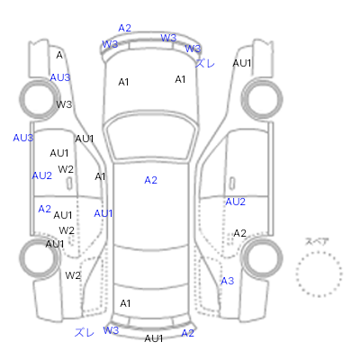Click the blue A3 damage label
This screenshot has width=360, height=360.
228,281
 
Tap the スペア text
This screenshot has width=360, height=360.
317,241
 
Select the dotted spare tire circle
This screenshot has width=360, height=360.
319,274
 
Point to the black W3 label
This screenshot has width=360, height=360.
64,104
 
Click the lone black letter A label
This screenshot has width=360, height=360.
59,55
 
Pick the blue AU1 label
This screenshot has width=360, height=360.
103,213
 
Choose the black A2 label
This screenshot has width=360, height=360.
239,233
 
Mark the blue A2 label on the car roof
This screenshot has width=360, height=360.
150,180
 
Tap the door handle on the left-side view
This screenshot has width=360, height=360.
69,184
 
